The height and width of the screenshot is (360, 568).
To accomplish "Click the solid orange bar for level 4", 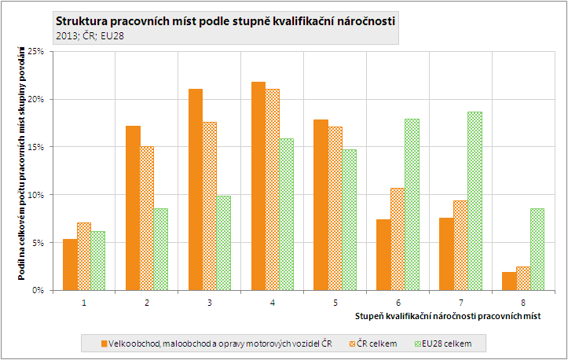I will point(258,186).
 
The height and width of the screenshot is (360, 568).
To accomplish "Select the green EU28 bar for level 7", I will point(475,201).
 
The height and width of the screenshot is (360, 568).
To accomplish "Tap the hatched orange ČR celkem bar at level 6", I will point(397,239).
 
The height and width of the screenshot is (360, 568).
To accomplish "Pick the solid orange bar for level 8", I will point(509,281).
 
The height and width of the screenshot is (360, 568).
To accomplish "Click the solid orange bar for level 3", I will point(196,189).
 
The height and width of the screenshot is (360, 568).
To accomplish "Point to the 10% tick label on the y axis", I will point(37,195).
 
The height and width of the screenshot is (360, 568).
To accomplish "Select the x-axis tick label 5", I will point(335,302).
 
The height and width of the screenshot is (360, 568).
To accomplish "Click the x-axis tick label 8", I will point(523,302).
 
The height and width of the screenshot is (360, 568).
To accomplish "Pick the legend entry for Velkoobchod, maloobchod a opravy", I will point(216,343).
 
